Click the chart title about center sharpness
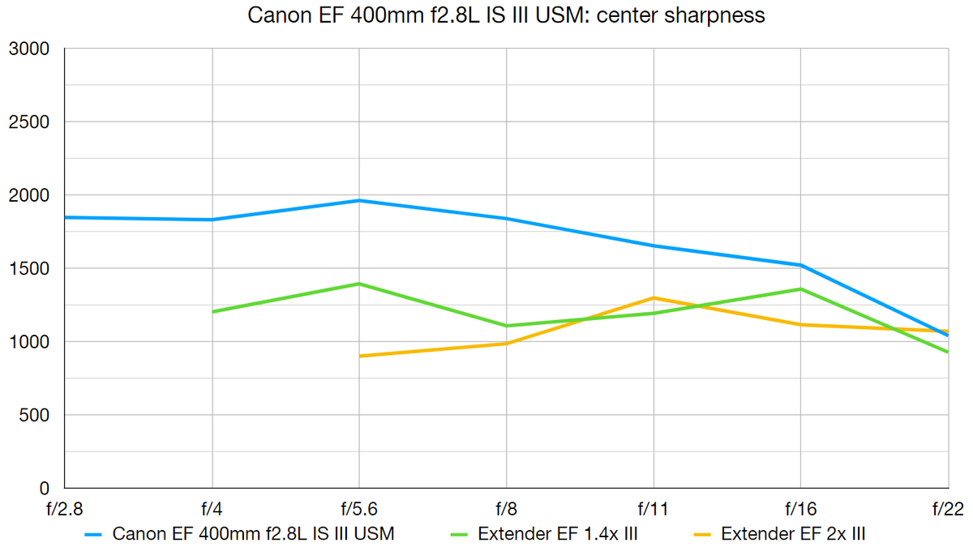(506, 15)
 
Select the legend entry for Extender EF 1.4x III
(547, 533)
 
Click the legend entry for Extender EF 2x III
(779, 533)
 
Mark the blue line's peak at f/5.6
(359, 200)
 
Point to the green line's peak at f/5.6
(359, 284)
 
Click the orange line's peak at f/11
(654, 297)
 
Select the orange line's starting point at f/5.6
(359, 356)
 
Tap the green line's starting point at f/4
(212, 311)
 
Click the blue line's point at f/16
(801, 265)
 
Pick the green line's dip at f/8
(507, 326)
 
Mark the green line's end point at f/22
(947, 352)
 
